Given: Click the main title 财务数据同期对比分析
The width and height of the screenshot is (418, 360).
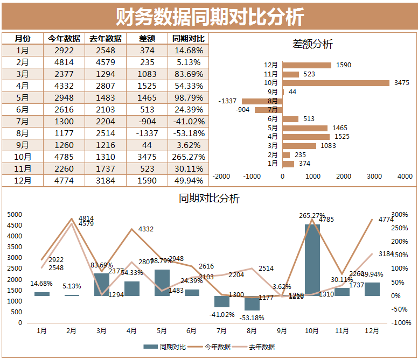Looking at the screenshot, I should coord(210,16).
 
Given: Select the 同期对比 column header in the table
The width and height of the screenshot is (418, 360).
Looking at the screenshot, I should coord(188,38).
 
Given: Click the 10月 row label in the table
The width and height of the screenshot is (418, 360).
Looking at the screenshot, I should coord(23,157).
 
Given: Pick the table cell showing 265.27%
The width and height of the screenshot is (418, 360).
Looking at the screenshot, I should coord(188,157).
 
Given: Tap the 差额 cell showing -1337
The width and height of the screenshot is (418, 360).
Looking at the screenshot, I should coord(147,133).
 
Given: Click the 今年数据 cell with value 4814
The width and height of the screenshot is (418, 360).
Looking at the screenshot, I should coord(64,62).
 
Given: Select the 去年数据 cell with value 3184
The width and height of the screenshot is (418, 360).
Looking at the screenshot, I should coord(106,180).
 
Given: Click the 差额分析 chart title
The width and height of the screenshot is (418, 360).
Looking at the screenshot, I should coord(312,44).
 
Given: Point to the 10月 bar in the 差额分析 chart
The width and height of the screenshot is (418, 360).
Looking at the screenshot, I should coord(336,83).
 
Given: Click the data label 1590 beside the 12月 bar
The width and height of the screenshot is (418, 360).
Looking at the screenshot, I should coord(343,65).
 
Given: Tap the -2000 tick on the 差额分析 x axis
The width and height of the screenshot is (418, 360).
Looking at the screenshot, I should coord(221,176).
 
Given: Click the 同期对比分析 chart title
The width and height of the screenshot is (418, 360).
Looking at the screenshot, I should coord(209,198).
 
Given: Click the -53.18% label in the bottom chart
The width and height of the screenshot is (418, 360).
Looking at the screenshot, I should coord(252,317).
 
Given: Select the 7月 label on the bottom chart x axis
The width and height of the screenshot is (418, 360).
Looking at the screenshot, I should coord(222,330).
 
